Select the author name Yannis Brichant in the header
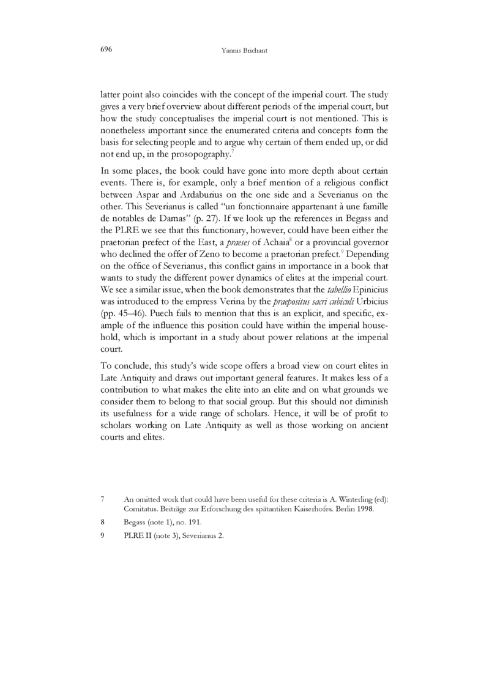point(245,50)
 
